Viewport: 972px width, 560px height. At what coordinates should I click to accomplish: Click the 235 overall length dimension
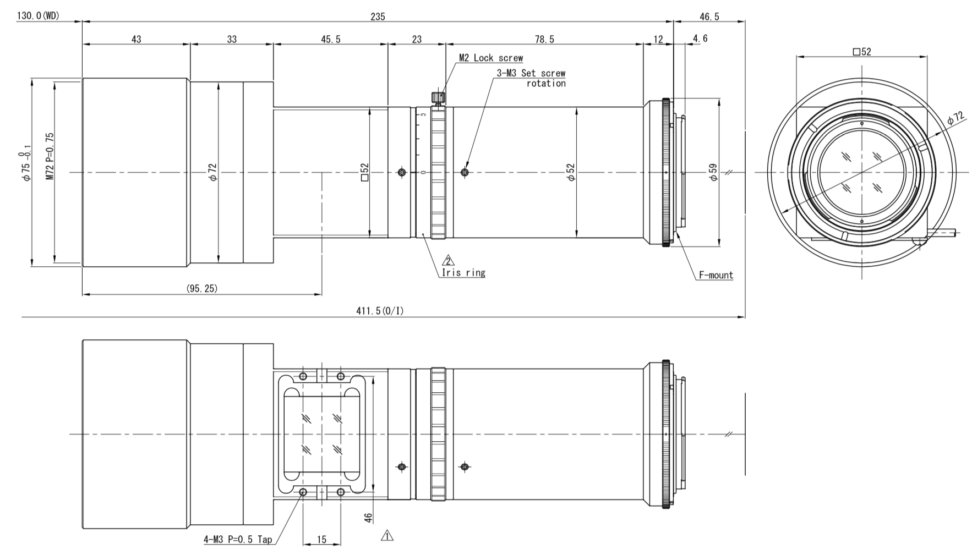click(378, 17)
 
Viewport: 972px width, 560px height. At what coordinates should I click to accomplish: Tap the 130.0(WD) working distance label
click(38, 16)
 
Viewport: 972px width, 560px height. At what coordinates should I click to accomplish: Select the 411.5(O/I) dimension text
click(380, 311)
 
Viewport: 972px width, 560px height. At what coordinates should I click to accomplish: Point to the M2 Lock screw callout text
click(491, 58)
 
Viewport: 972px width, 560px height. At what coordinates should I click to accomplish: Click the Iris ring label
click(463, 272)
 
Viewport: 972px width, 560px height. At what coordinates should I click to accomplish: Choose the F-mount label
click(716, 275)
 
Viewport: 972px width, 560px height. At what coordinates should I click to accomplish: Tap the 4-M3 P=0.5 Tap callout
click(238, 540)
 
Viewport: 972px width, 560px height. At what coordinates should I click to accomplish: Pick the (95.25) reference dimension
click(202, 289)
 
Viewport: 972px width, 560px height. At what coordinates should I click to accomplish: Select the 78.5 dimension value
click(544, 39)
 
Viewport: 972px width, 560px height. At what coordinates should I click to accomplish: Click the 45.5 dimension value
click(330, 39)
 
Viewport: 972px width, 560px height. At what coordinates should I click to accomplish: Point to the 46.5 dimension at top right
click(709, 17)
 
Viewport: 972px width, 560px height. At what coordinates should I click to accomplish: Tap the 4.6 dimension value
click(700, 38)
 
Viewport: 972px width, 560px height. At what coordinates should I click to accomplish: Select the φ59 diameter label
click(713, 172)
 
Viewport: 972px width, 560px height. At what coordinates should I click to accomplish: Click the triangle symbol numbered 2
click(449, 261)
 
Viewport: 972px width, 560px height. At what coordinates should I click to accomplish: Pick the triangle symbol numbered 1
click(387, 535)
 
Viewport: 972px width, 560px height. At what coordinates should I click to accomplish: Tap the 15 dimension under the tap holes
click(321, 540)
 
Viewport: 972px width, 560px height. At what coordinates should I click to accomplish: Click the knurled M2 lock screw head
click(439, 98)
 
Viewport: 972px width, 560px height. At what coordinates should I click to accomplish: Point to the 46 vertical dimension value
click(369, 518)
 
